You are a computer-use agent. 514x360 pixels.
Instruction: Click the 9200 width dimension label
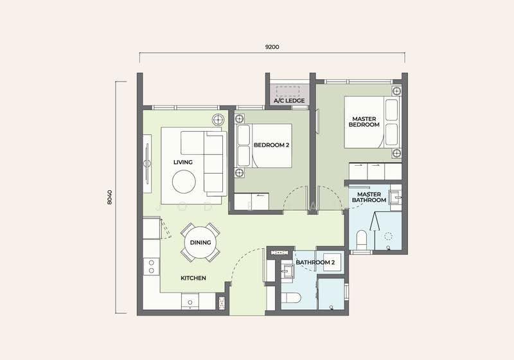click(272, 47)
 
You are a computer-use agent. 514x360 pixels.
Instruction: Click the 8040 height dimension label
click(109, 197)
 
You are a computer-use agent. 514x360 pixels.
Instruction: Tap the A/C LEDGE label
click(289, 101)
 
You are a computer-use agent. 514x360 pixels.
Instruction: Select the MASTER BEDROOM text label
click(364, 122)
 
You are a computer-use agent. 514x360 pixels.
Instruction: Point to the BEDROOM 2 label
click(271, 145)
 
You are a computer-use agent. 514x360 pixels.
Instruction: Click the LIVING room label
click(183, 162)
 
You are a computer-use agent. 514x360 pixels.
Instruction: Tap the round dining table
click(200, 242)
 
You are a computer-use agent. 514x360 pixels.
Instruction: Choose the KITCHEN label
click(193, 278)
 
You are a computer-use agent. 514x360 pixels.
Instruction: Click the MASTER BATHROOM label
click(369, 197)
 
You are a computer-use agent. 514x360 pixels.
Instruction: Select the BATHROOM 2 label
click(315, 262)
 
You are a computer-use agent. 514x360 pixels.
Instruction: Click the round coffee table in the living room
click(184, 182)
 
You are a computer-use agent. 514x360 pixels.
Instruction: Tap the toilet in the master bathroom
click(362, 240)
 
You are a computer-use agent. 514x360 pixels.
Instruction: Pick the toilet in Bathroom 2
click(291, 298)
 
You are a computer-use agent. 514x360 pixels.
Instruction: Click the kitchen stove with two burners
click(152, 267)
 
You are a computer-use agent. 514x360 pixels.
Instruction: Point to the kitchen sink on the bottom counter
click(190, 301)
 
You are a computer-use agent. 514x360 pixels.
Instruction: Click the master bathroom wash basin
click(394, 197)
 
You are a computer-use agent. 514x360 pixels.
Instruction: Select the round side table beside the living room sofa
click(218, 120)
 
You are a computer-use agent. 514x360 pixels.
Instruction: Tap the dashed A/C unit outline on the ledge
click(288, 91)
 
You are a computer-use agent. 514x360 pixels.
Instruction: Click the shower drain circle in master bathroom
click(389, 236)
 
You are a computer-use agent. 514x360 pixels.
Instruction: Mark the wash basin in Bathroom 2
click(288, 272)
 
